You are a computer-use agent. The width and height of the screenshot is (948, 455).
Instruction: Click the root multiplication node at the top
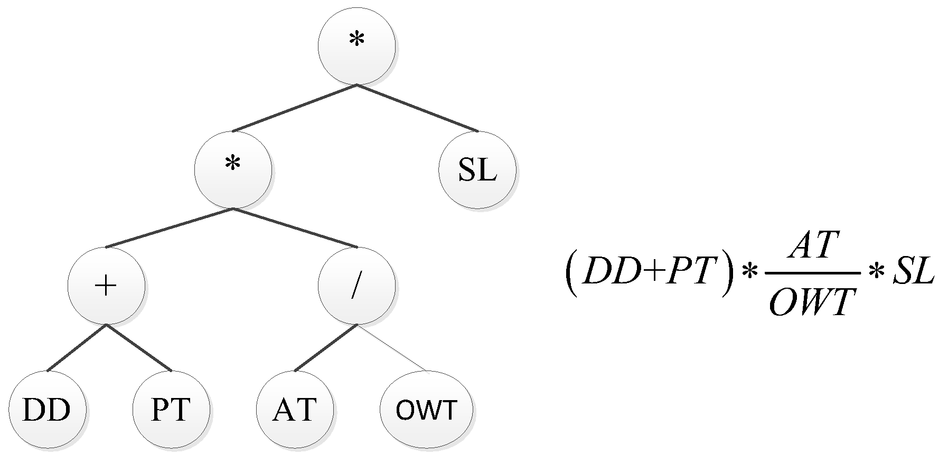click(x=356, y=46)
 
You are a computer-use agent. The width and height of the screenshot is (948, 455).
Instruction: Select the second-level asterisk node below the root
click(x=233, y=169)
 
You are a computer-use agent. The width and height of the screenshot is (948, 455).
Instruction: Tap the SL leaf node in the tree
click(x=477, y=170)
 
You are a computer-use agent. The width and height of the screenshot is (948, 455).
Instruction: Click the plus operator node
click(x=106, y=286)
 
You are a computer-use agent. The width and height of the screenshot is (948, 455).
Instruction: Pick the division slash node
click(x=356, y=286)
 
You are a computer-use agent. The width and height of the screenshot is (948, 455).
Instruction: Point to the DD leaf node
click(x=47, y=410)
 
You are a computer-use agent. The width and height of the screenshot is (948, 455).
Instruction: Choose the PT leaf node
click(x=171, y=410)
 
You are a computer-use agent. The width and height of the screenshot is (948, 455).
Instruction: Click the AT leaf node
click(x=295, y=410)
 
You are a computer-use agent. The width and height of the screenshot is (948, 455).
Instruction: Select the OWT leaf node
click(x=427, y=410)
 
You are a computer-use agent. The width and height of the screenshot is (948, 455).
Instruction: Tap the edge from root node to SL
click(x=417, y=108)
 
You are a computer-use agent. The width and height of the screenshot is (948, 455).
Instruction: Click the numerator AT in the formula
click(x=812, y=246)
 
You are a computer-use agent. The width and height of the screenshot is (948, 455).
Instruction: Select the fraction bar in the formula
click(x=812, y=273)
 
